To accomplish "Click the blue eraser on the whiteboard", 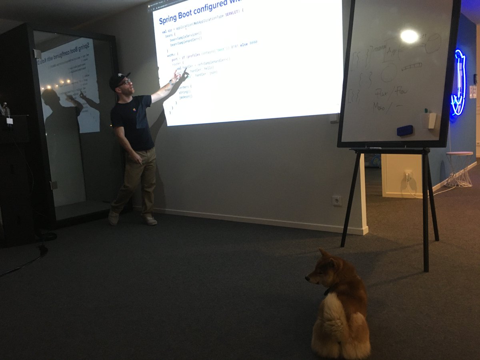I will point(404,130).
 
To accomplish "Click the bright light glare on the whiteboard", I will point(409,36).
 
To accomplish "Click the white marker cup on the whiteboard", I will point(430,120).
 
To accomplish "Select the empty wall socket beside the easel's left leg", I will point(337,200).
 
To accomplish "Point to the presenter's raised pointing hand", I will point(176,75).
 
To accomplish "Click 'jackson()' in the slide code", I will point(186,96).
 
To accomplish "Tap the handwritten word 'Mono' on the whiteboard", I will point(379,107).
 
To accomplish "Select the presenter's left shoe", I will point(150,220).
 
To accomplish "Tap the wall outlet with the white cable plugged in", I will point(408,175).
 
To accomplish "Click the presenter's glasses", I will point(125,82).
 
